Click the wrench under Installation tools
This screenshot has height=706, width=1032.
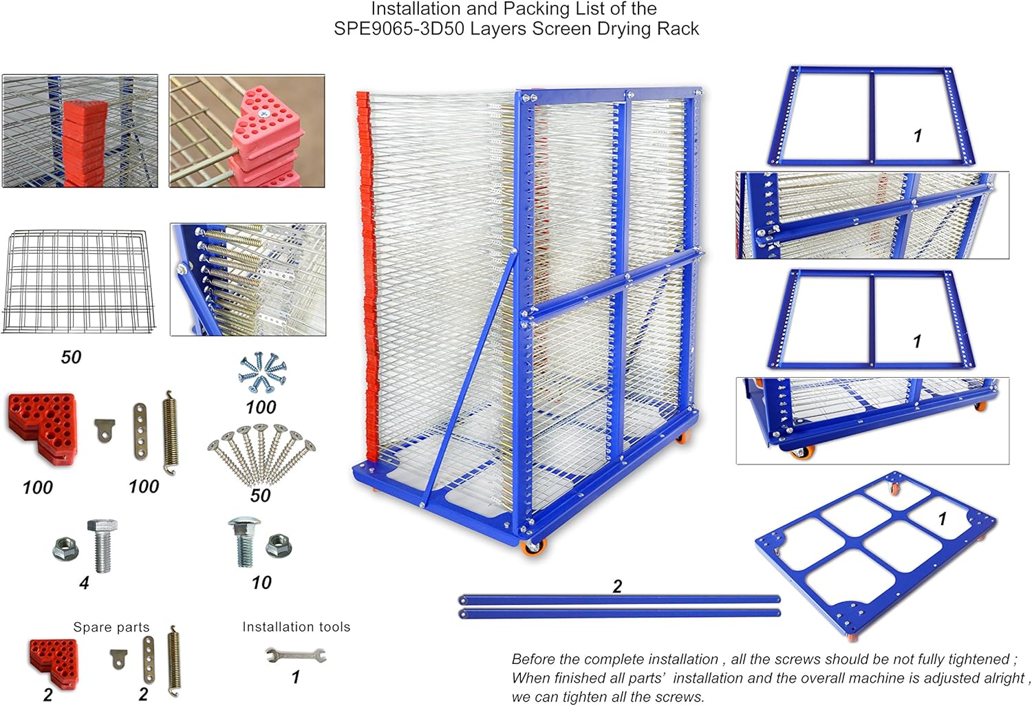pos(296,654)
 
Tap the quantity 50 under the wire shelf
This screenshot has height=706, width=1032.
pos(71,357)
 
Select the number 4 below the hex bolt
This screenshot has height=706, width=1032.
pos(84,583)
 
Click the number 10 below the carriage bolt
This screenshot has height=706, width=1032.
pos(261,583)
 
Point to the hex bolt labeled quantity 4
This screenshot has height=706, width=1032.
pos(102,545)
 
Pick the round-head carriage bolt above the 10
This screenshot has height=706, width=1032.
pos(244,541)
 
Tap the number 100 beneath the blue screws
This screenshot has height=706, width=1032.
pos(261,407)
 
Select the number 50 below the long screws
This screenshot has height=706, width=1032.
pos(260,495)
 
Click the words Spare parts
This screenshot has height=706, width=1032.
pos(111,627)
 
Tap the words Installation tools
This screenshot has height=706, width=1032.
pos(296,627)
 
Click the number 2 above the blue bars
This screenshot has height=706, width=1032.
pos(617,586)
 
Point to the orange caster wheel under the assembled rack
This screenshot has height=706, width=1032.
pos(534,548)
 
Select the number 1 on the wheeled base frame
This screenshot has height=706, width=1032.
pos(943,519)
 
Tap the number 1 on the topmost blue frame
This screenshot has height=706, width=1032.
pos(917,136)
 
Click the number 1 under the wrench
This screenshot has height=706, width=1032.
pos(295,677)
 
